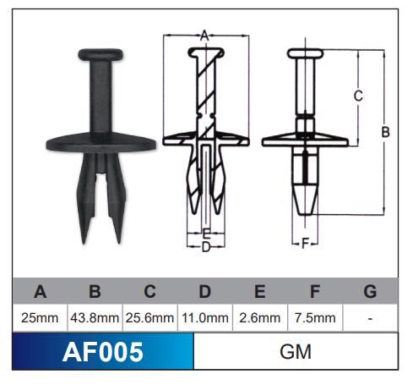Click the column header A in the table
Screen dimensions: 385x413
40,293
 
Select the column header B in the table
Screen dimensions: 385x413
95,293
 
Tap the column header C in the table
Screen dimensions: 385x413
149,293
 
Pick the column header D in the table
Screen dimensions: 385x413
204,293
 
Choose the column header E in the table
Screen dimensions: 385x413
260,293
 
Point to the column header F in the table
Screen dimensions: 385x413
315,293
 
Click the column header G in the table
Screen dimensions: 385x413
370,293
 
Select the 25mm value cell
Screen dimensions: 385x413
40,318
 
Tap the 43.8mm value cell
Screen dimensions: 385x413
95,318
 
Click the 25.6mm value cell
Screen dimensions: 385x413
149,318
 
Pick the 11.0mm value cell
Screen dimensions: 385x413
204,318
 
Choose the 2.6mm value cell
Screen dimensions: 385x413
260,318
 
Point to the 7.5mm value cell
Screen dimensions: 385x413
315,318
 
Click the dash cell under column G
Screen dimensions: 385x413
370,318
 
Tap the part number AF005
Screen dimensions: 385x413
103,351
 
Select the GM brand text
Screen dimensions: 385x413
295,351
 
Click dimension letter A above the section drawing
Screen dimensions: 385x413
204,36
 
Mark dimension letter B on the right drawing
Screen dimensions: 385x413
385,132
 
